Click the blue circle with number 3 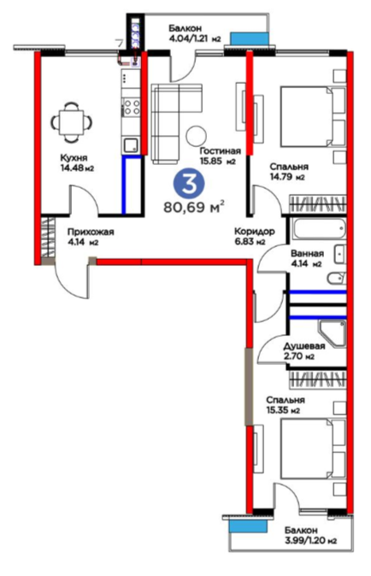(190, 184)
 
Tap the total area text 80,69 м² (194, 207)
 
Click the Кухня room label (74, 158)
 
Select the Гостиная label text (221, 151)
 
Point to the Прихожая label (91, 232)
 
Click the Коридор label (255, 232)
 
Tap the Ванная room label (307, 254)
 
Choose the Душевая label (304, 346)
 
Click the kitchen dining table (72, 122)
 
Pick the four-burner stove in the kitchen (132, 107)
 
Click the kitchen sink (131, 144)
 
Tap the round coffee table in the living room (196, 136)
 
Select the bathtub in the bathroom (319, 228)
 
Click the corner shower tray (333, 334)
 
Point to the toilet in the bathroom (336, 279)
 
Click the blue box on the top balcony (249, 38)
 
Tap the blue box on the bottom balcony (247, 526)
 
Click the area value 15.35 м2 (283, 410)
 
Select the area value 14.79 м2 (287, 177)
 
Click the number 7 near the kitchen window (120, 43)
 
